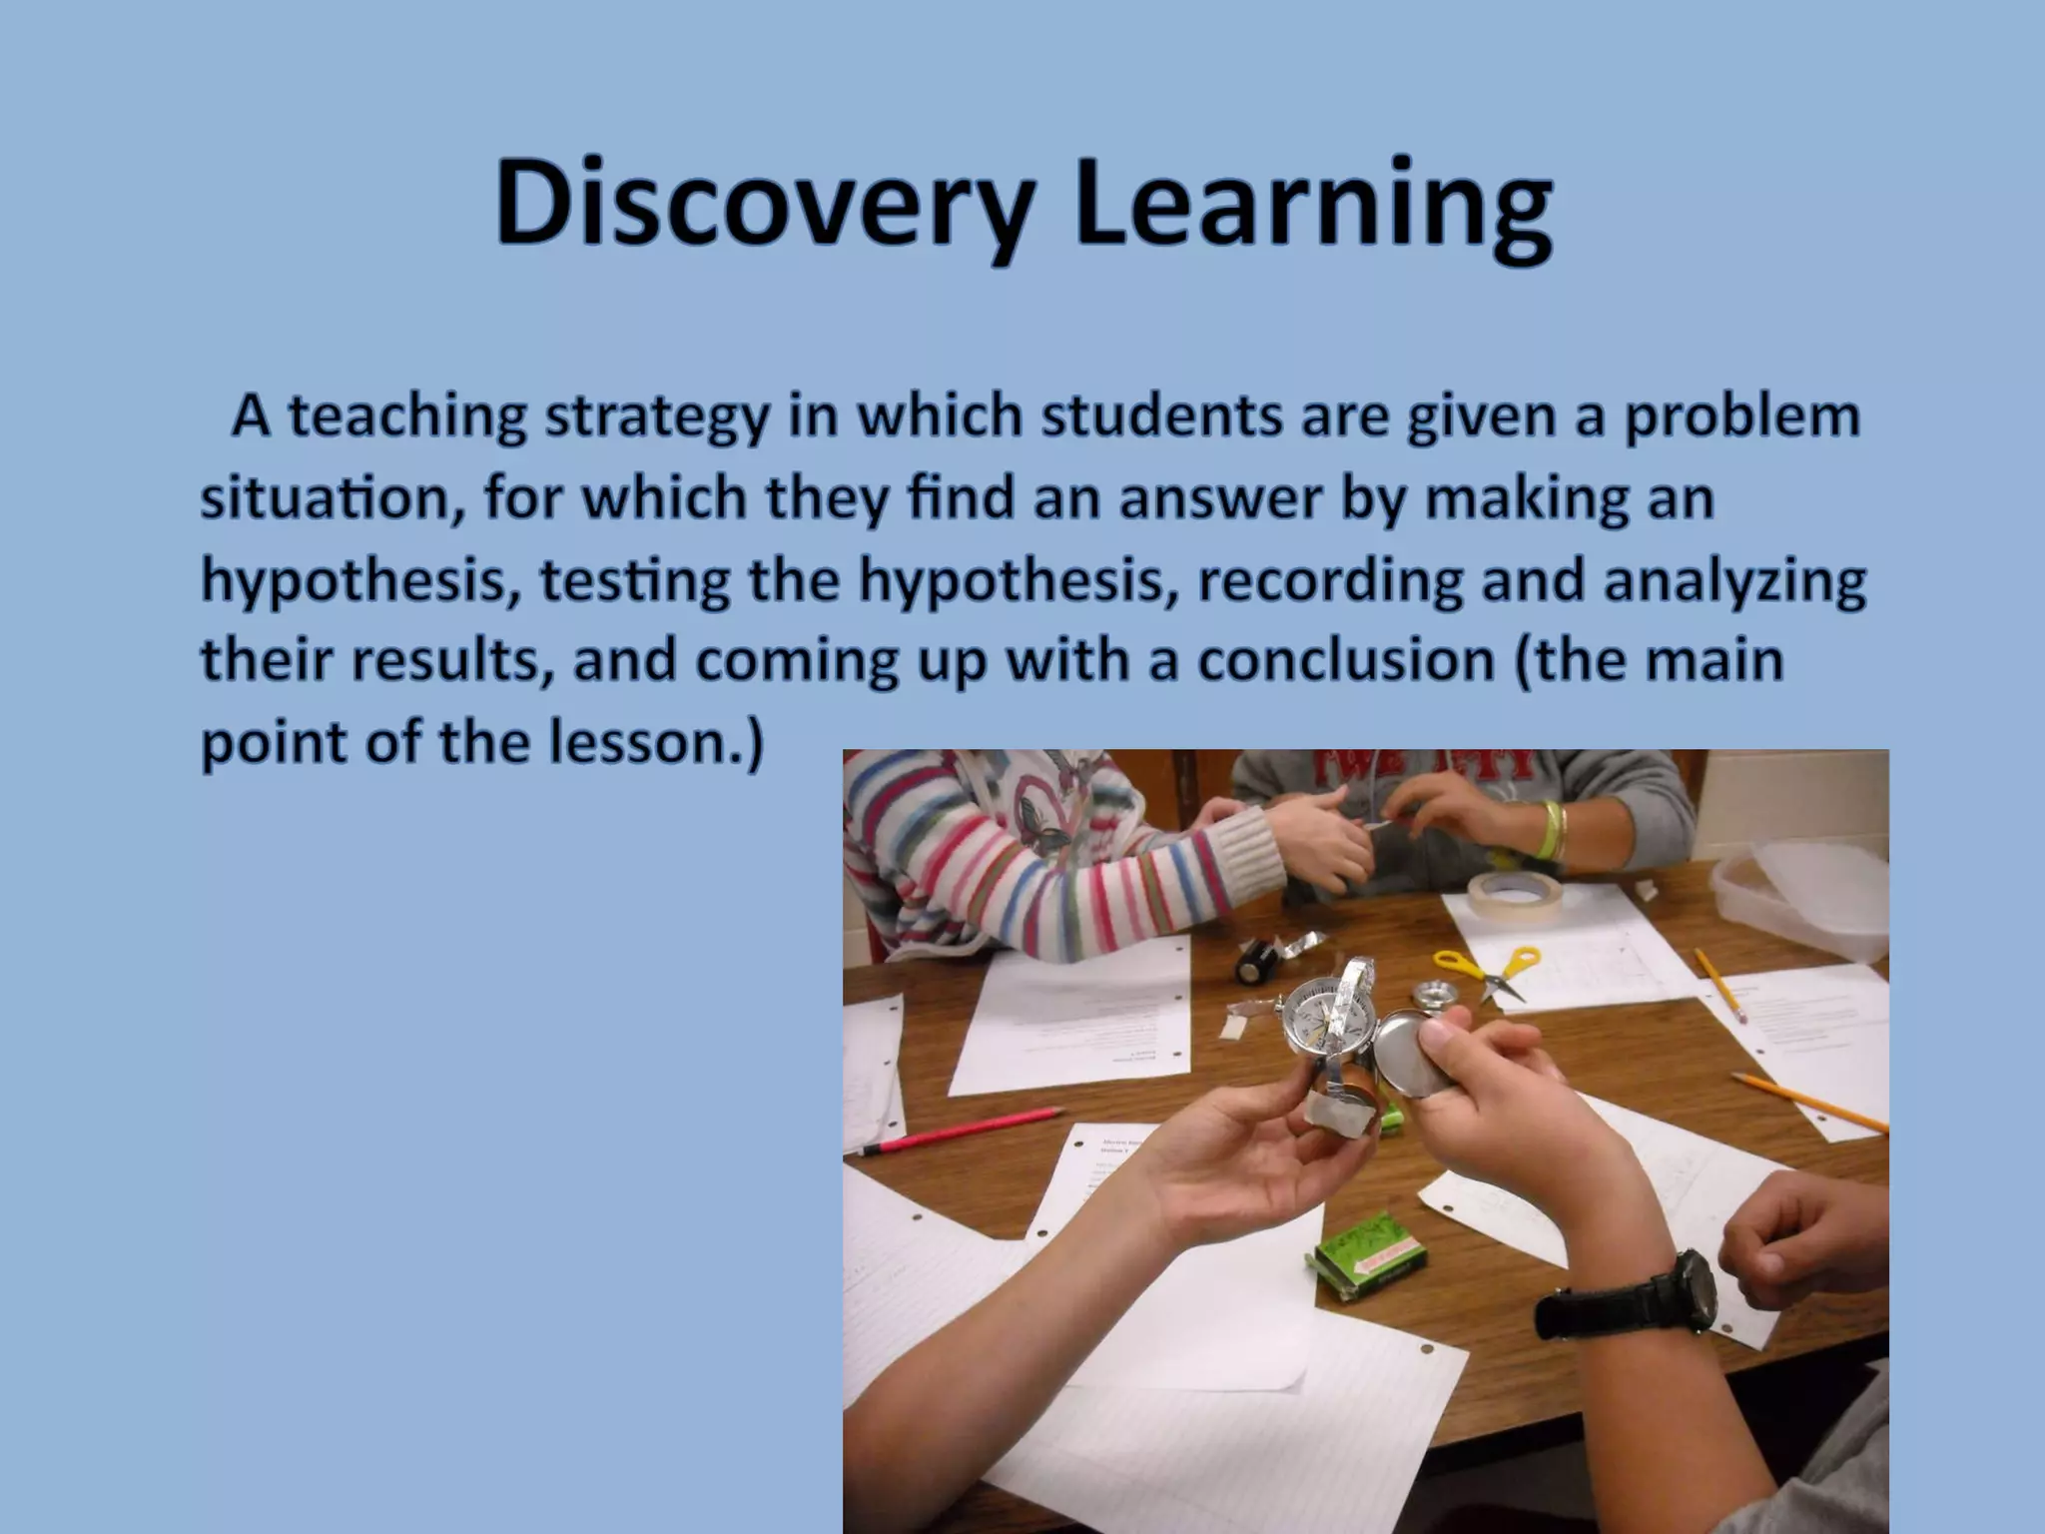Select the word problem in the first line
1741,417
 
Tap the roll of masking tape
1513,894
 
